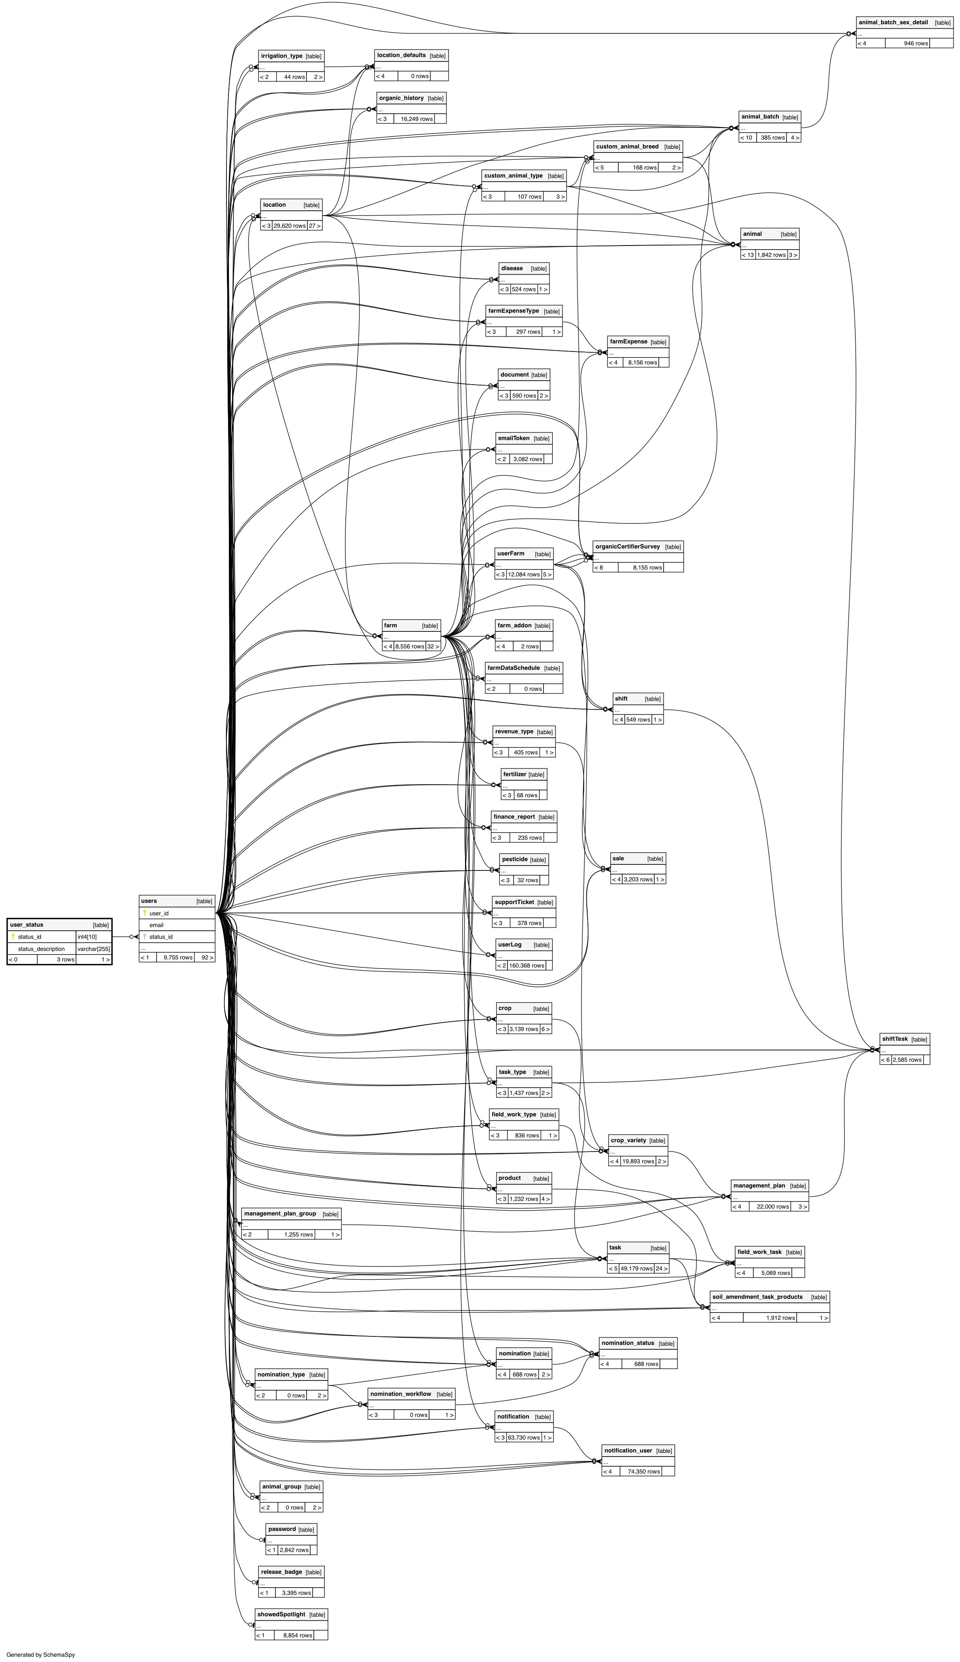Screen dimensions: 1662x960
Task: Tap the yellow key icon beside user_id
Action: (x=144, y=913)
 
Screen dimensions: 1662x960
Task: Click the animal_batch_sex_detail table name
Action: (x=893, y=22)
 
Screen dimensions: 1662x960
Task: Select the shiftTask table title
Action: (x=895, y=1039)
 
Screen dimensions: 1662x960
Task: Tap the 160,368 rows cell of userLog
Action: (x=526, y=965)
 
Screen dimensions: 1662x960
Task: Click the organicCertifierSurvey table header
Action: (x=627, y=547)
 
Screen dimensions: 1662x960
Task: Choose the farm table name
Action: (x=390, y=625)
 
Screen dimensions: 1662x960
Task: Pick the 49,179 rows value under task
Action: (x=636, y=1268)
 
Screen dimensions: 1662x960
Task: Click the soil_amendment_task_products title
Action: (x=757, y=1297)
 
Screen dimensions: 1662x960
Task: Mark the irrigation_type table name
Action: (x=281, y=56)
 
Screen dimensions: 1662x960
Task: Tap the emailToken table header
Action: (x=514, y=438)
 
